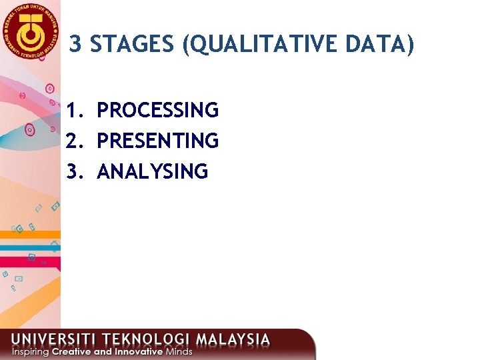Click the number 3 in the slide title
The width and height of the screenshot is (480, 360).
(x=76, y=45)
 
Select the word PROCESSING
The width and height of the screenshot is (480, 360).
(x=157, y=110)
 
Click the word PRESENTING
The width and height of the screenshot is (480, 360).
(x=157, y=141)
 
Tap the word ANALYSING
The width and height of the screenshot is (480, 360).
(x=152, y=172)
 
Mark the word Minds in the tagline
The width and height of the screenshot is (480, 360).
(x=179, y=351)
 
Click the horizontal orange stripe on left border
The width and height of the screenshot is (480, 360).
(x=30, y=234)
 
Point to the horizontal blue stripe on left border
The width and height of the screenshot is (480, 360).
(x=30, y=247)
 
